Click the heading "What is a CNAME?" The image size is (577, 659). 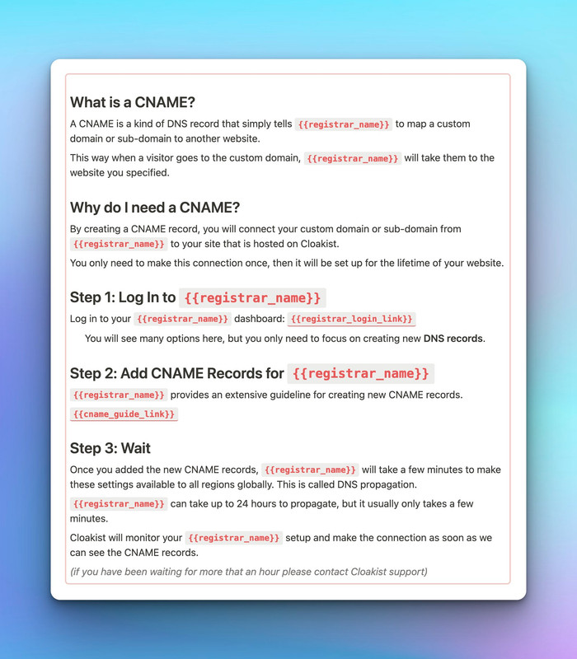click(132, 102)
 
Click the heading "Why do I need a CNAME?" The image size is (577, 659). click(155, 207)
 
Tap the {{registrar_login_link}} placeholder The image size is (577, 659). click(351, 319)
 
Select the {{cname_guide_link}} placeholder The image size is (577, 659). click(124, 414)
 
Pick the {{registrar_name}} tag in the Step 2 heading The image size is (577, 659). click(361, 373)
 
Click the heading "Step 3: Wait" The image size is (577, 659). click(110, 448)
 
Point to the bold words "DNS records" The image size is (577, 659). click(453, 339)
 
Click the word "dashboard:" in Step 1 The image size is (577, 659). click(259, 319)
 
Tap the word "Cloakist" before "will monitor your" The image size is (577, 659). click(92, 537)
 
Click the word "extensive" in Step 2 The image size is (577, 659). click(256, 395)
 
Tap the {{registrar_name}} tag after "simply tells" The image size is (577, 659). click(343, 124)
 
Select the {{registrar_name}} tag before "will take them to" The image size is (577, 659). click(352, 158)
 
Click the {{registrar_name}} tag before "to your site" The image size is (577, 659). click(119, 244)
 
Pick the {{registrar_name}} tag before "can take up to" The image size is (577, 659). click(119, 503)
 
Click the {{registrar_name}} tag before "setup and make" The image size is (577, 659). click(234, 538)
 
